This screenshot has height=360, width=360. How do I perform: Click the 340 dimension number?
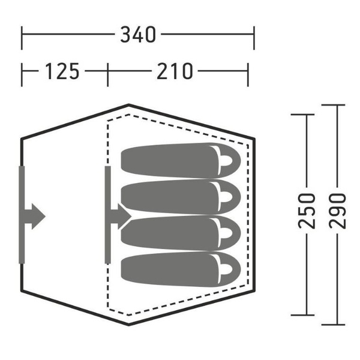click(x=138, y=35)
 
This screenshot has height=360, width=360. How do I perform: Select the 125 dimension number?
click(x=62, y=71)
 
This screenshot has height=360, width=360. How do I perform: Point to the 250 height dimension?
click(x=307, y=212)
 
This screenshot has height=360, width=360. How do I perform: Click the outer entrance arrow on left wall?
click(x=35, y=214)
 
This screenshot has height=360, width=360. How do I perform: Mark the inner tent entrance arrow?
click(x=120, y=214)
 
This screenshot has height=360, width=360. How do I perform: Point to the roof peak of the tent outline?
click(x=129, y=106)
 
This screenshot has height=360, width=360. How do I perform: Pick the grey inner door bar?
click(x=108, y=214)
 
